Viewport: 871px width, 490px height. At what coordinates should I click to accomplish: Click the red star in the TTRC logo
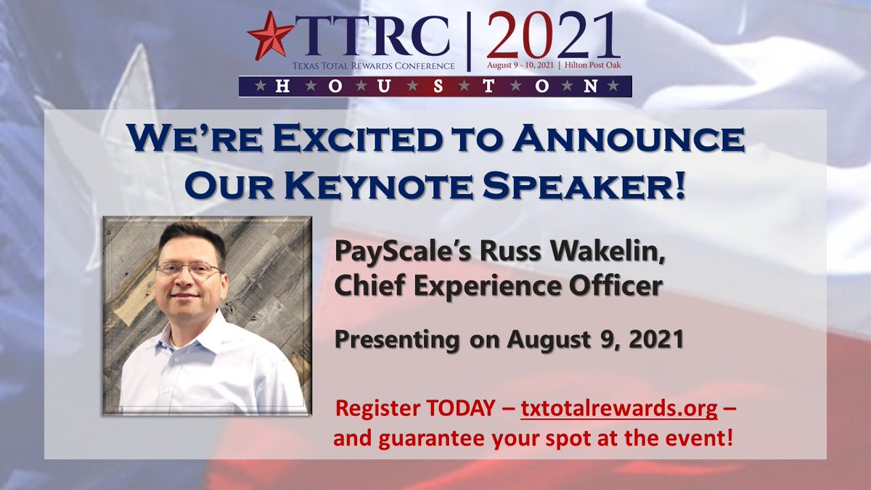tap(270, 35)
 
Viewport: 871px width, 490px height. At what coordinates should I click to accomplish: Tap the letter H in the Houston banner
tap(277, 86)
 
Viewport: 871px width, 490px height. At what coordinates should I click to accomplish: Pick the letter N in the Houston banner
tap(592, 86)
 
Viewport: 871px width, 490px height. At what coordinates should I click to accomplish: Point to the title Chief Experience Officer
tap(498, 285)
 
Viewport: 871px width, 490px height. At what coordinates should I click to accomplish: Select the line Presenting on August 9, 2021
tap(509, 338)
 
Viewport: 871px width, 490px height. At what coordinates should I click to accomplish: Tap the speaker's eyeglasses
tap(189, 269)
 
